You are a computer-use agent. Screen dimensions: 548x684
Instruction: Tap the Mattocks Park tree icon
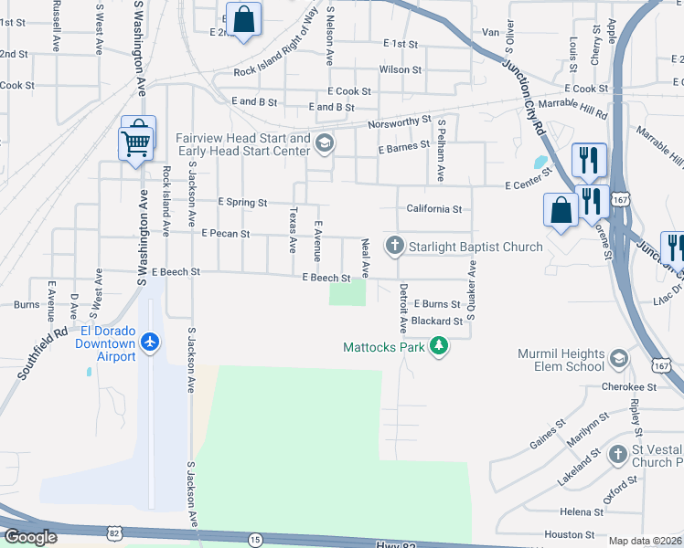(x=440, y=346)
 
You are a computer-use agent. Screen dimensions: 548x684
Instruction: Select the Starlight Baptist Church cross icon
(x=395, y=246)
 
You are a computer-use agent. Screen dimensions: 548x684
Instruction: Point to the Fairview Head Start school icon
(x=324, y=143)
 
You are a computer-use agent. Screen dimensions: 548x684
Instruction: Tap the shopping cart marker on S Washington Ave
(x=136, y=142)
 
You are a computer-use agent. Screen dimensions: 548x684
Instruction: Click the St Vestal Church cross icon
(x=618, y=454)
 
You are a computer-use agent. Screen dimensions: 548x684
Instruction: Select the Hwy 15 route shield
(x=254, y=541)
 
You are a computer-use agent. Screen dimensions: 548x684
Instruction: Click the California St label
(x=434, y=208)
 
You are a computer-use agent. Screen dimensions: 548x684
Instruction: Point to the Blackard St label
(x=437, y=321)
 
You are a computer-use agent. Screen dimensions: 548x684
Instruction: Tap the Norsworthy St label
(x=399, y=121)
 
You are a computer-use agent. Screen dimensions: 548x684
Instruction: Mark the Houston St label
(x=570, y=534)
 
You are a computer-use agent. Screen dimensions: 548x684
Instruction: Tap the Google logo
(x=30, y=537)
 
